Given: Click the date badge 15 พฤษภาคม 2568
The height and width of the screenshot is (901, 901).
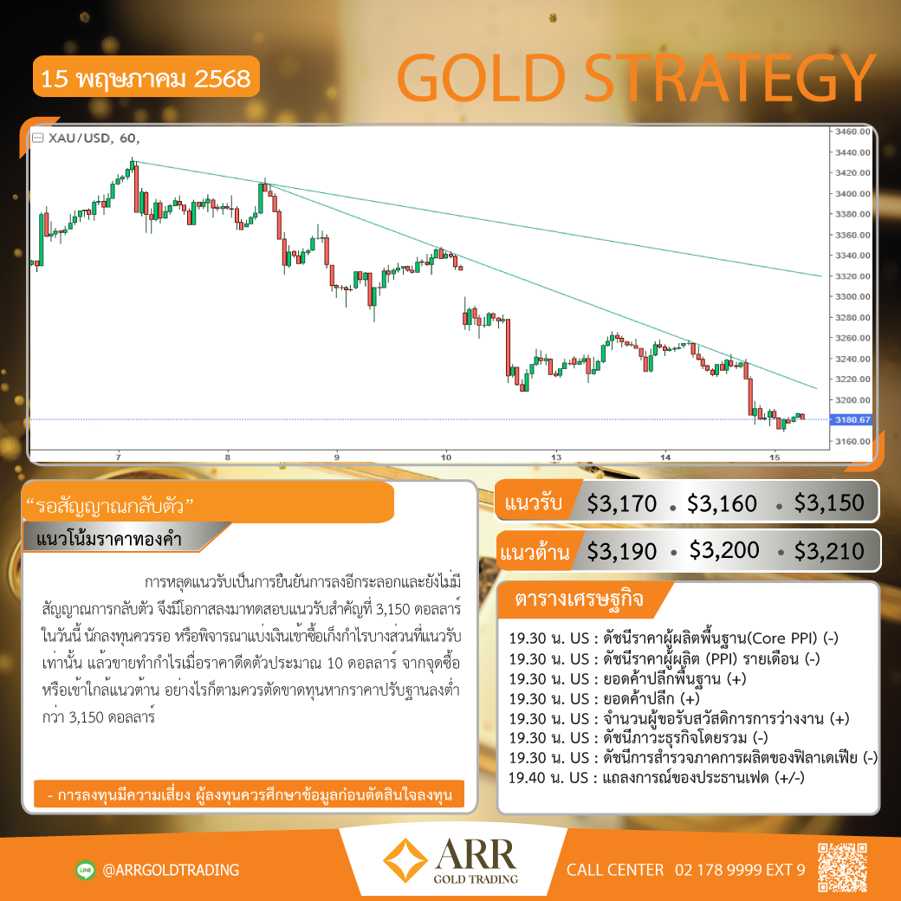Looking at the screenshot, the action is [146, 77].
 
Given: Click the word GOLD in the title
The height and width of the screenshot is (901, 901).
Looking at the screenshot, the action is [482, 78].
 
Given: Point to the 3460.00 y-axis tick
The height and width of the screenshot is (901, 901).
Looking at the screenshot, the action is [852, 132].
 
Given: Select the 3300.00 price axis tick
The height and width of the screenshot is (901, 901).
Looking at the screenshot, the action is [852, 296].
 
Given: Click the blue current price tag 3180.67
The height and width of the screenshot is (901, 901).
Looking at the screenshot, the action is [851, 420].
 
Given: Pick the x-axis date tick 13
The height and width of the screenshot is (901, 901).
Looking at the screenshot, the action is [556, 457].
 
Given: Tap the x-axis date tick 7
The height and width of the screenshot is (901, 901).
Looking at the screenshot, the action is [119, 457].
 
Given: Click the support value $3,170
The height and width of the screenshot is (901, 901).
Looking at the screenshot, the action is [621, 503].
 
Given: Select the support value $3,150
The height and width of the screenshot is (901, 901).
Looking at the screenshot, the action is [828, 502].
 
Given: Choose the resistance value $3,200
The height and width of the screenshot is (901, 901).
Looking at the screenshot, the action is [724, 550].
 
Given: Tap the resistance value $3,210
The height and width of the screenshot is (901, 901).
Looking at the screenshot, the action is [828, 551].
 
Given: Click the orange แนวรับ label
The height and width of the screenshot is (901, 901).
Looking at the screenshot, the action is [533, 502].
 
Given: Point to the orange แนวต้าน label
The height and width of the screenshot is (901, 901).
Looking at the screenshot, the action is [535, 552].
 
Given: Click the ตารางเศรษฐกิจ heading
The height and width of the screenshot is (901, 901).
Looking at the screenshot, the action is [579, 599].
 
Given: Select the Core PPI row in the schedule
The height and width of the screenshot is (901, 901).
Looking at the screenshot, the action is [673, 638].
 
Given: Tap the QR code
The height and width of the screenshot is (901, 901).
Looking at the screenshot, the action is [842, 867].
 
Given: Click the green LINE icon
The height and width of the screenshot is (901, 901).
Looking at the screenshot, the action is [86, 870].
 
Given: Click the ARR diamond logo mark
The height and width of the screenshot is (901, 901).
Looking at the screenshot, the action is [405, 860].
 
